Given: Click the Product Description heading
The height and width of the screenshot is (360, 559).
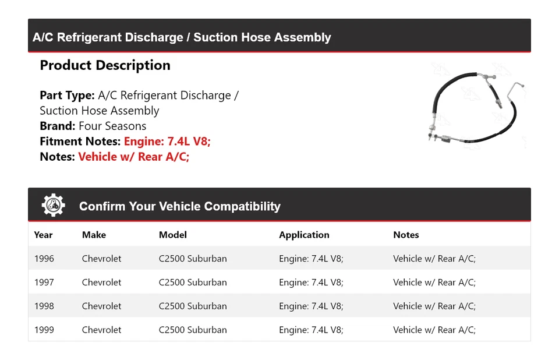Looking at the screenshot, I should pos(105,65).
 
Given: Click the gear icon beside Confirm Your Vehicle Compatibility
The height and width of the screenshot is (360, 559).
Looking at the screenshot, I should pos(53,205).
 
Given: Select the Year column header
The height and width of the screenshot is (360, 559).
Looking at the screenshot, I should pos(43,235).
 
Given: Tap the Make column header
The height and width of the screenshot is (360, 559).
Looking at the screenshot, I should pos(94,235).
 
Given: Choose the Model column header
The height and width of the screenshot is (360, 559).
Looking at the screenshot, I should pos(173,235).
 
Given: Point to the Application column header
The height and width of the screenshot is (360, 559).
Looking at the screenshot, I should pos(304,235).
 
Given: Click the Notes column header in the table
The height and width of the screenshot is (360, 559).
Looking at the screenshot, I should pos(406,235).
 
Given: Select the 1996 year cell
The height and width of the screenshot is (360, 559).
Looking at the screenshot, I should pos(44,259).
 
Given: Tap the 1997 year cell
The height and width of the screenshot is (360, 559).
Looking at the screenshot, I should pos(44,283).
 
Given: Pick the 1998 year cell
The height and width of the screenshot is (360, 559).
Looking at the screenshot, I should pos(44,306).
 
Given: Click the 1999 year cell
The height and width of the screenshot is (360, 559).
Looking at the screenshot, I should pos(44,330).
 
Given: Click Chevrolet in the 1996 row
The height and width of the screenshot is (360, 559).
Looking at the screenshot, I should pos(101,259).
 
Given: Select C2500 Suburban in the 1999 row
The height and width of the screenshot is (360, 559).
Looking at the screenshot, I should pos(193,330).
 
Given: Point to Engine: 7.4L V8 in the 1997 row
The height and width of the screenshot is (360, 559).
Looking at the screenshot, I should pos(311,283).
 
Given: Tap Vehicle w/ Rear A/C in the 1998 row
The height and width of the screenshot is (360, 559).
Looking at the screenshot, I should pos(434,306).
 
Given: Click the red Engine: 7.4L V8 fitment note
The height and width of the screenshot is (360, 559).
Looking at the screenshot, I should pos(167,142).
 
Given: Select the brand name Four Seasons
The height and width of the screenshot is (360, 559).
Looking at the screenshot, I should pos(112,126).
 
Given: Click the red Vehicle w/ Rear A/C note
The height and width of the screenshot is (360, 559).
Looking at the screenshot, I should pos(133,157).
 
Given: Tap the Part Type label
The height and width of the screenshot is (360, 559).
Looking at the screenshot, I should pos(67,96).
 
